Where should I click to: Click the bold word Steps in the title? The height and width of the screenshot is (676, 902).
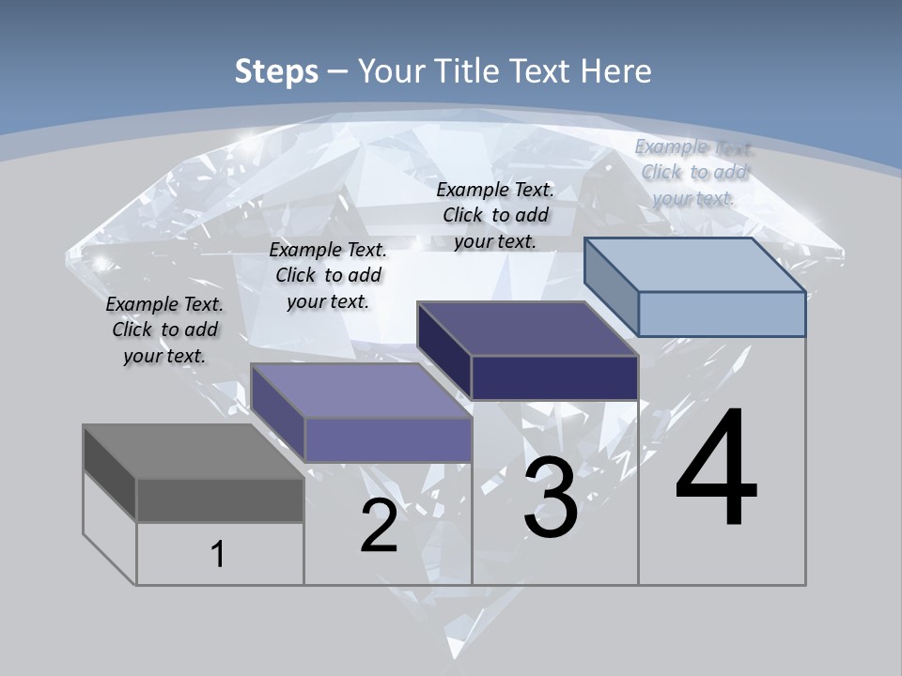click(x=276, y=71)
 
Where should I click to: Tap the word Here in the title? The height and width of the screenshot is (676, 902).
click(x=616, y=71)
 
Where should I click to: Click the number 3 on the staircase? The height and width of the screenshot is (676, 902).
click(x=551, y=499)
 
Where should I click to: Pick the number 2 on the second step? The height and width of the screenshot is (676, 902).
click(x=379, y=526)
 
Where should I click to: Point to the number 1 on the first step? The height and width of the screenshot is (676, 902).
click(x=218, y=554)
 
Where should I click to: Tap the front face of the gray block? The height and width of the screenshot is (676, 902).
click(x=220, y=499)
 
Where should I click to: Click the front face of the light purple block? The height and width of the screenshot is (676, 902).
click(x=388, y=439)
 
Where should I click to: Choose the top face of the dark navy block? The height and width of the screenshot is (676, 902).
click(x=527, y=329)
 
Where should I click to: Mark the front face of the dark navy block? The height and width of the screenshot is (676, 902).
click(x=554, y=377)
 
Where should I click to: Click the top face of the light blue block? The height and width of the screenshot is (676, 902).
click(x=694, y=265)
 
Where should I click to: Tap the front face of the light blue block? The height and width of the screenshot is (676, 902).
click(x=722, y=314)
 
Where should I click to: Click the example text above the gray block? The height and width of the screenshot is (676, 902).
click(x=164, y=330)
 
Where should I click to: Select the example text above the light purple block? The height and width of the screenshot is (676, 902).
click(x=328, y=275)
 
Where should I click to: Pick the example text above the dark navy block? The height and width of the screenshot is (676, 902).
click(x=495, y=215)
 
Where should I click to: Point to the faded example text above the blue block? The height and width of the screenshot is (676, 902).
click(x=693, y=172)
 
